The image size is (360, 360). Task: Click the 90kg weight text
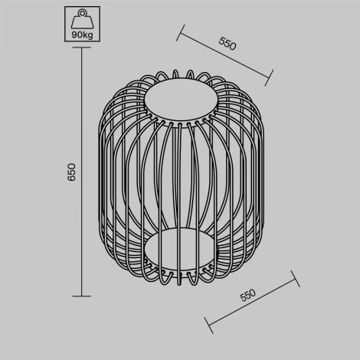[81, 34]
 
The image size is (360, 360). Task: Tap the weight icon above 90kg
[81, 18]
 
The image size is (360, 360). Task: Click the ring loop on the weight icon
[81, 13]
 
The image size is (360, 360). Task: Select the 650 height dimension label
[72, 172]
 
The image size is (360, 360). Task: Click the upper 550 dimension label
[227, 43]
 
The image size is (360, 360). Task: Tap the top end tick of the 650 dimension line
[81, 48]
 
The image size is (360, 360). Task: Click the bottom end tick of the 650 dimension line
[81, 296]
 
